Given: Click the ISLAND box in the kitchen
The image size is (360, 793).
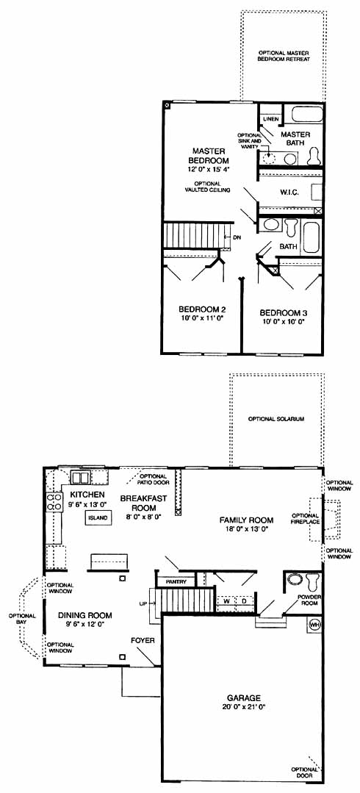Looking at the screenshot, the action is (x=98, y=518).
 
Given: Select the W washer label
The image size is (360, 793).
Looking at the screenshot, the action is (x=226, y=601).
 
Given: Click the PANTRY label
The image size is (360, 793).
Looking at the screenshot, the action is (x=176, y=582).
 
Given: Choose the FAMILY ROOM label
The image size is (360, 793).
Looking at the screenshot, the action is (x=246, y=520).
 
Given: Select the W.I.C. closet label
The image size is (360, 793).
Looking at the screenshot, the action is (x=288, y=192).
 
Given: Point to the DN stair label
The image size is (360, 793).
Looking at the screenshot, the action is (x=237, y=237).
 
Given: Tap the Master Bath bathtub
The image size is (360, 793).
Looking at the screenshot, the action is (x=306, y=115).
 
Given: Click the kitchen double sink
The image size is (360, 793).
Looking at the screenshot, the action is (x=81, y=477).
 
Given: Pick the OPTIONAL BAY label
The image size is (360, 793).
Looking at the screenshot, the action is (x=21, y=619).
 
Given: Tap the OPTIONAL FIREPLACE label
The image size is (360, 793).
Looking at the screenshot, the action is (x=306, y=518).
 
